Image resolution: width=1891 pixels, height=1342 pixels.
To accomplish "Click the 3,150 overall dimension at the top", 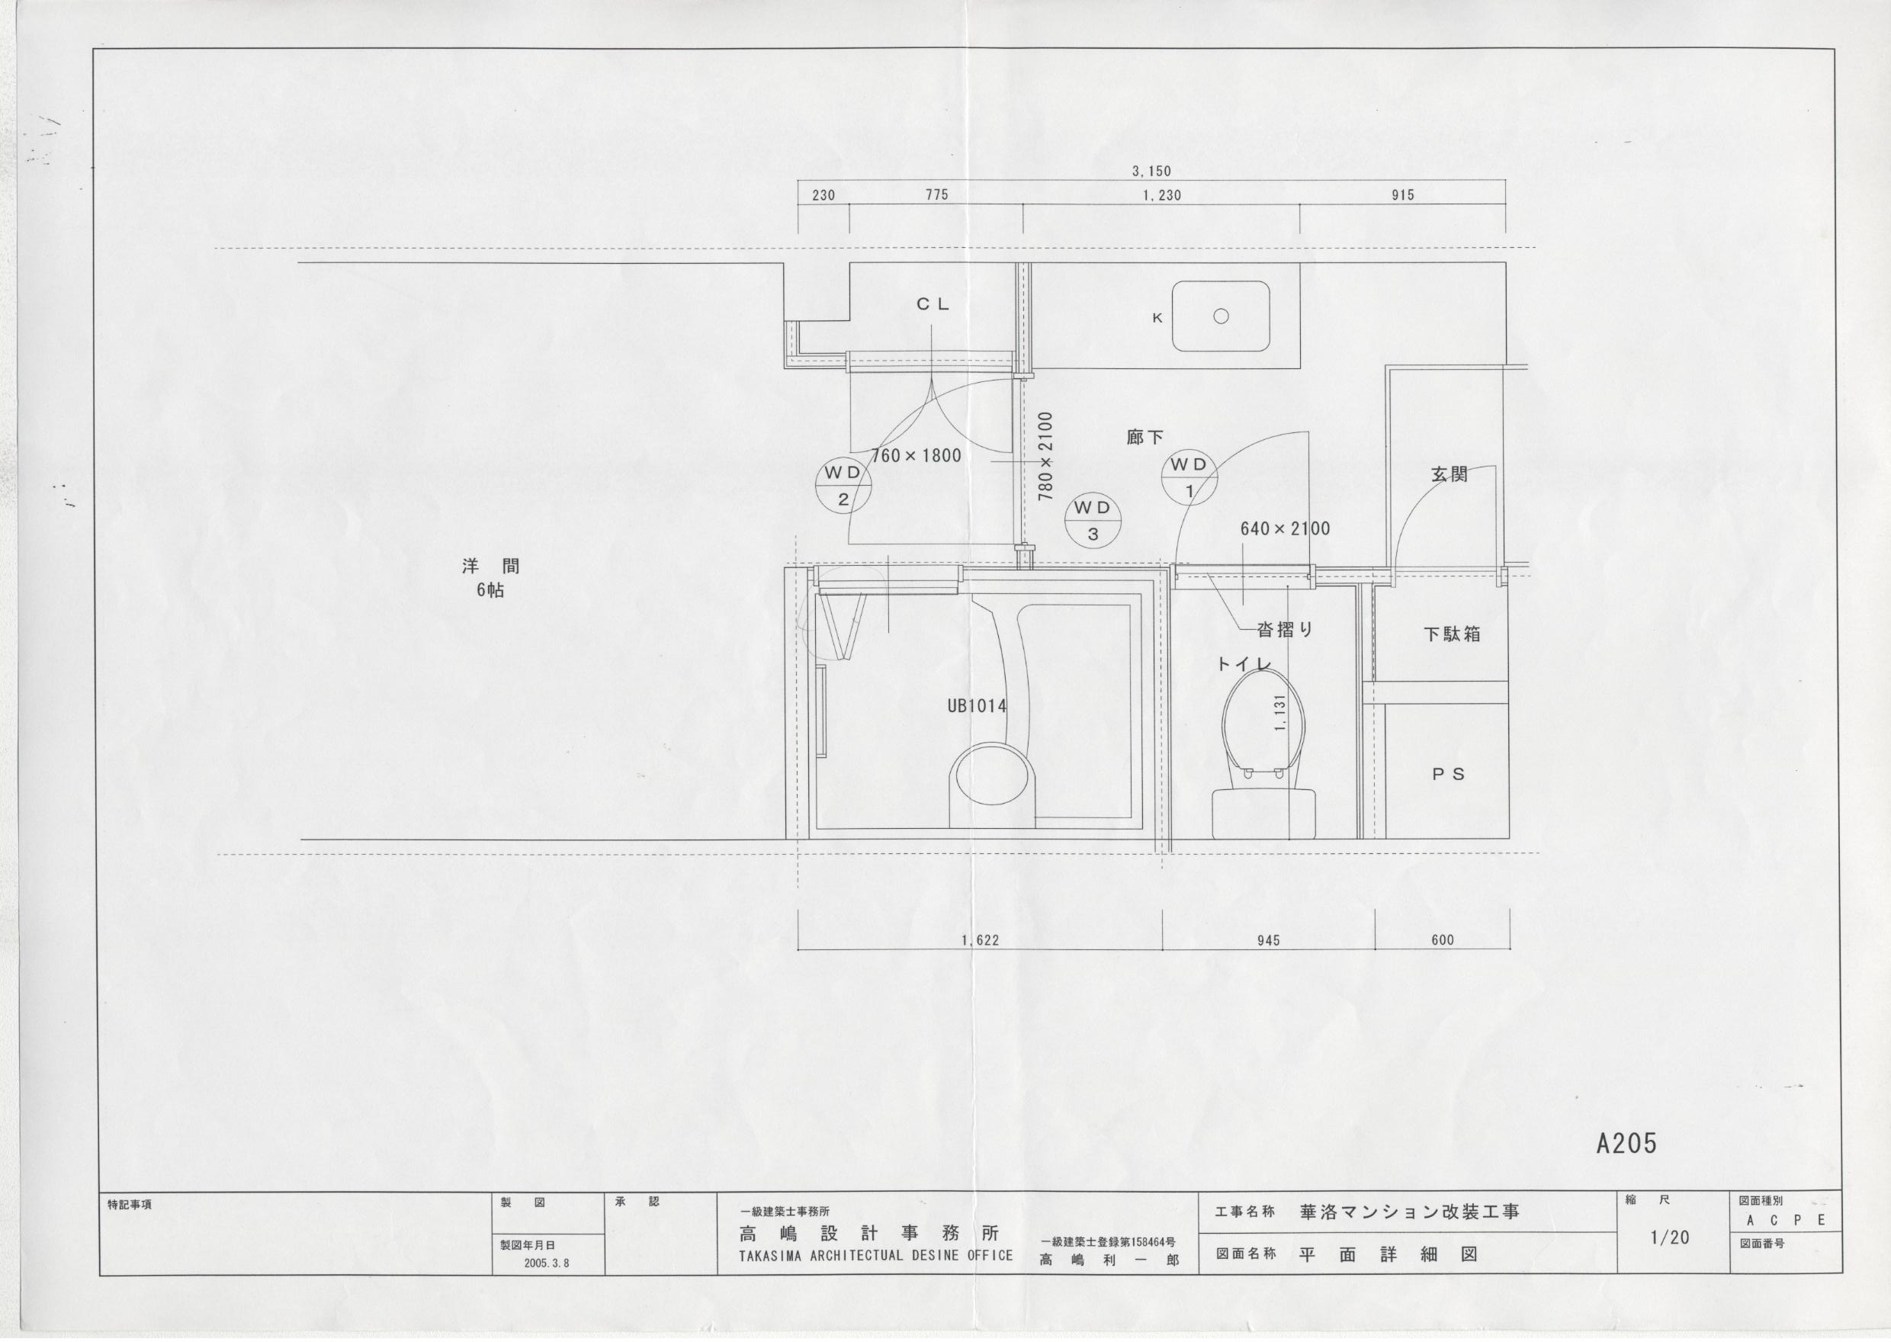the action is pos(1151,171).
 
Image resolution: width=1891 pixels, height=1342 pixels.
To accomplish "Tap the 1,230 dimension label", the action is pos(1161,195).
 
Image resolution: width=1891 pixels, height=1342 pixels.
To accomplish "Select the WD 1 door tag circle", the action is pos(1189,477).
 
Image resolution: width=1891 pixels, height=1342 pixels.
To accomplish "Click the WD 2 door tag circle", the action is pos(843,486).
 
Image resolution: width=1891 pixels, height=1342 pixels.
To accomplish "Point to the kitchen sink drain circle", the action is pos(1221,316).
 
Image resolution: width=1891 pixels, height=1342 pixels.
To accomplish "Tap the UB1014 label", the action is pos(977,706).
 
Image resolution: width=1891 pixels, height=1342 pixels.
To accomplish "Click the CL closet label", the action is pos(933,304).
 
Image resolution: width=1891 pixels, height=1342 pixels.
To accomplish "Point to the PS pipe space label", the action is pos(1448,774).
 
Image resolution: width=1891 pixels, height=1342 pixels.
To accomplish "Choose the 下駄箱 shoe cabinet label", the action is pos(1452,634).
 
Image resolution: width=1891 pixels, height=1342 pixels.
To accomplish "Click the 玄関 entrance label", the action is pos(1449,474).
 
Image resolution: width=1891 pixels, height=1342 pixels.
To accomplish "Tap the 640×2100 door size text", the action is pos(1285,529).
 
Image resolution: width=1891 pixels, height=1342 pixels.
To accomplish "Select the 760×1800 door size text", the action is pos(917,455).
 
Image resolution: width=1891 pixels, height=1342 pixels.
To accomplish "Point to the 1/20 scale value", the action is pos(1670,1237).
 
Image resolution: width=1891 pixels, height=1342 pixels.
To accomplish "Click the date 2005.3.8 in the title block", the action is pos(546,1263).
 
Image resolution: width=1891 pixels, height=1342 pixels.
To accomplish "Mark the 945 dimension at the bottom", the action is pos(1268,940).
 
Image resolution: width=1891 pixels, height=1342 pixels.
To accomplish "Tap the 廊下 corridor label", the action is pos(1145,437).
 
